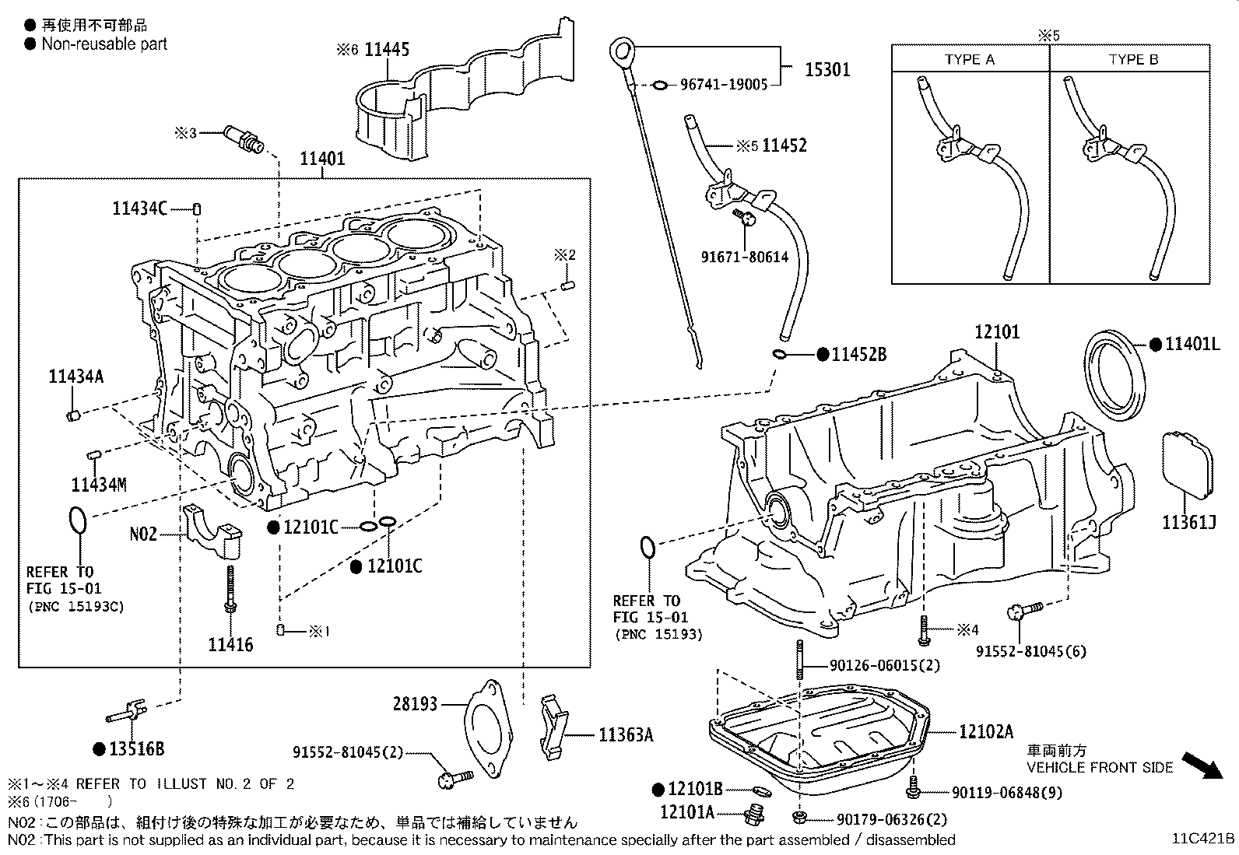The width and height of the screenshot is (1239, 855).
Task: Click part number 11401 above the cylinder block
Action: click(x=322, y=159)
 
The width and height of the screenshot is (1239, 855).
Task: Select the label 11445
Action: click(x=386, y=50)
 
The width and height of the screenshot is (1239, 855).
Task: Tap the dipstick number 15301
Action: click(x=827, y=69)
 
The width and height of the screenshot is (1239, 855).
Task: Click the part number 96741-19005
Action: click(x=724, y=84)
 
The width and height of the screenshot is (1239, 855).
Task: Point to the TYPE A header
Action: click(x=969, y=59)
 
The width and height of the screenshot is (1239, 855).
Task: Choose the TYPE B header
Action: click(x=1132, y=59)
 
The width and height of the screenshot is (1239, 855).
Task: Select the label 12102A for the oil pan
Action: click(x=985, y=731)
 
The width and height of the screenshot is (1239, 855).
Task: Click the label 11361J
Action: click(x=1188, y=523)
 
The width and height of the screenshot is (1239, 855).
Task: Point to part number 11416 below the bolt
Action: click(x=230, y=644)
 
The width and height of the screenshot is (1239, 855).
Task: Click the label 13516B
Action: click(x=137, y=749)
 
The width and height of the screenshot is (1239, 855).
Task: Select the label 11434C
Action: click(x=139, y=208)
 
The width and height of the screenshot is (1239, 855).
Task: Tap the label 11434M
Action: click(x=98, y=485)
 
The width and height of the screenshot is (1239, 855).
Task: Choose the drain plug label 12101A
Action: click(x=686, y=811)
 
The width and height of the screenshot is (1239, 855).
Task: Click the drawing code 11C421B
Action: click(x=1204, y=839)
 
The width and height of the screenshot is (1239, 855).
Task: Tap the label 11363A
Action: click(x=626, y=734)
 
